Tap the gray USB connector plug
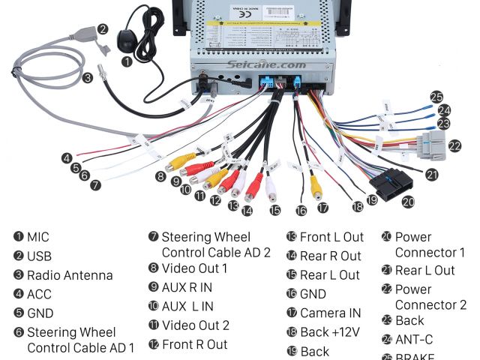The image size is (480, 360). tap(82, 35)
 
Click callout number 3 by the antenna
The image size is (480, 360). tap(88, 76)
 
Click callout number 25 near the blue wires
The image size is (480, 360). tap(436, 96)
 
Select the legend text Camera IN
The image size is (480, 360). tap(330, 313)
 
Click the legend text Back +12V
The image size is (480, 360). tap(331, 332)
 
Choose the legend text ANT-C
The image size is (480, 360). tap(414, 339)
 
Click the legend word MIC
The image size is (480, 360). tap(37, 237)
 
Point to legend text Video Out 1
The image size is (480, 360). tap(194, 268)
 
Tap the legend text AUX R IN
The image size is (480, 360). tap(187, 287)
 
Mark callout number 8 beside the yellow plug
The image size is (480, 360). tap(160, 177)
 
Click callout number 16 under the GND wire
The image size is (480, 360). tap(301, 211)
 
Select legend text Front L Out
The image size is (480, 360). tap(331, 237)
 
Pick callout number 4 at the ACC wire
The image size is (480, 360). tap(67, 158)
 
